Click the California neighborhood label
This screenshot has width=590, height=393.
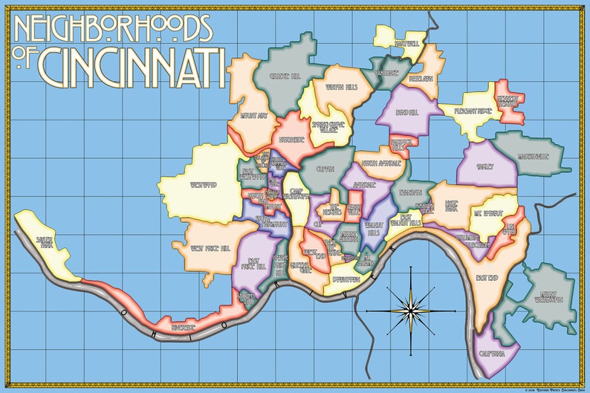point(492,352)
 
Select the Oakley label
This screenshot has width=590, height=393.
point(485,167)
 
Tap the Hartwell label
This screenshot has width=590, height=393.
point(406,44)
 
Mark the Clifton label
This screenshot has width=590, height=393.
point(325,169)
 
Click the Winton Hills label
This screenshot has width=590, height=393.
point(342,88)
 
